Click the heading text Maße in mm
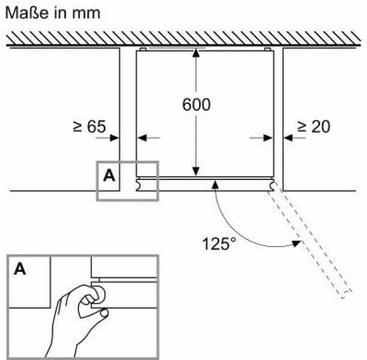pyautogui.click(x=53, y=13)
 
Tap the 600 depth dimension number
pyautogui.click(x=196, y=104)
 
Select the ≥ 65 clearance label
pyautogui.click(x=89, y=127)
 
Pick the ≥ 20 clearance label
pyautogui.click(x=314, y=127)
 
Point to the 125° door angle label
pyautogui.click(x=219, y=244)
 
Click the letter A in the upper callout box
pyautogui.click(x=109, y=175)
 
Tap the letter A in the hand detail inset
pyautogui.click(x=20, y=269)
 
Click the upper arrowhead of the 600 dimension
pyautogui.click(x=196, y=53)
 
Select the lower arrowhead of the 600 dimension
pyautogui.click(x=196, y=172)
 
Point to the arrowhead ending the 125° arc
pyautogui.click(x=297, y=244)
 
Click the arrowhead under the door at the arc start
pyautogui.click(x=215, y=185)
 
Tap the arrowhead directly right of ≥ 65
pyautogui.click(x=115, y=138)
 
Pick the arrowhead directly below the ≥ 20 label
pyautogui.click(x=288, y=138)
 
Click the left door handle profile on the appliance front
pyautogui.click(x=139, y=185)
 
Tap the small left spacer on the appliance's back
pyautogui.click(x=143, y=49)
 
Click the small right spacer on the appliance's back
pyautogui.click(x=267, y=49)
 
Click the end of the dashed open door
pyautogui.click(x=347, y=295)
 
